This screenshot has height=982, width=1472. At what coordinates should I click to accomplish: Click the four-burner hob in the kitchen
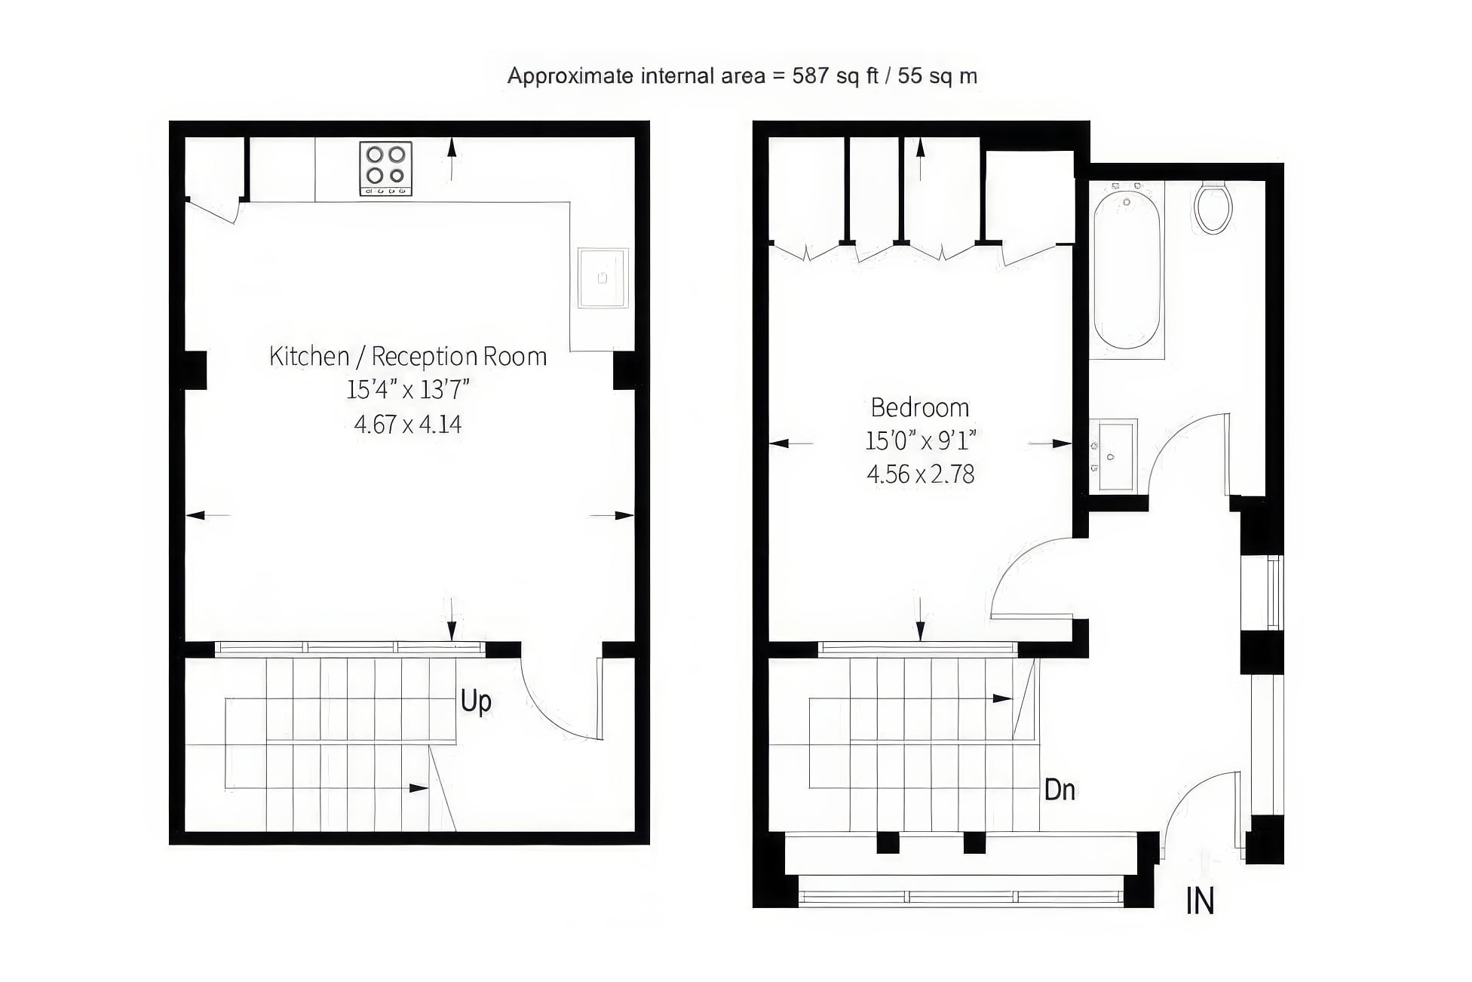385,168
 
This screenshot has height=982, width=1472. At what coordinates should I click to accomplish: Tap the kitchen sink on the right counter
603,278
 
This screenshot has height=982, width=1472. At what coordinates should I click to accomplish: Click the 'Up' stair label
476,701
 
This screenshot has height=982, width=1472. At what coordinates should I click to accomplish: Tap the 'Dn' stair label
1060,790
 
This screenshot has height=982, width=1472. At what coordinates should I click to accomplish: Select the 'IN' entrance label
1200,901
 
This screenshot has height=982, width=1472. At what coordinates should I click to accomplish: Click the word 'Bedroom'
920,407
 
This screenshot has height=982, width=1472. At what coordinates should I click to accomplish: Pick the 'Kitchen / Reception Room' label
408,356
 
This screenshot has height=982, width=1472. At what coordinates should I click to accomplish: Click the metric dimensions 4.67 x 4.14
408,424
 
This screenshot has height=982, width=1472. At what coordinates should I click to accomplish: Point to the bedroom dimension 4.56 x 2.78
921,474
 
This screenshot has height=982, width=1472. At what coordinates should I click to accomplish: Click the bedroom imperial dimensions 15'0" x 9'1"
921,440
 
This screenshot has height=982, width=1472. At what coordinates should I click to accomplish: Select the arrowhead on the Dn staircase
1002,698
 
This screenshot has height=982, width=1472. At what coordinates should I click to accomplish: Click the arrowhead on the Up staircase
419,788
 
